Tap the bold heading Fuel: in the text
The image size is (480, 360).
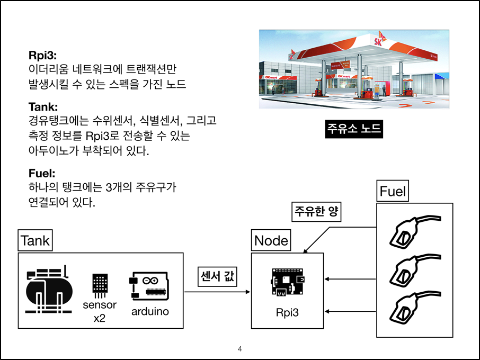click(41, 173)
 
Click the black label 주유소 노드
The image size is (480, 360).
click(353, 129)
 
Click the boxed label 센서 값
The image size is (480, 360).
click(217, 277)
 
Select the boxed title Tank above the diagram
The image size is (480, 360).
click(35, 241)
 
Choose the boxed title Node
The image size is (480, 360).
click(271, 241)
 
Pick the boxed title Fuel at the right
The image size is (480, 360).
click(393, 191)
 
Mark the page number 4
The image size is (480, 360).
click(240, 349)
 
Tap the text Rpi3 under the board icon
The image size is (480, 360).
click(287, 312)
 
